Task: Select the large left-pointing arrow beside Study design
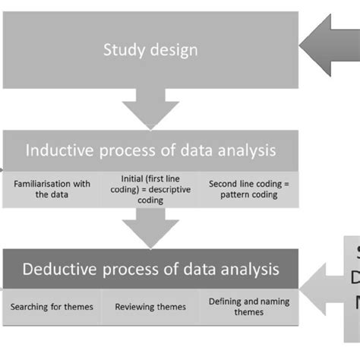327,47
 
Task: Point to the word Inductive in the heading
61,150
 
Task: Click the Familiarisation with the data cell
52,188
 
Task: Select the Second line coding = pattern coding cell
249,188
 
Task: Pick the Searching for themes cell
52,307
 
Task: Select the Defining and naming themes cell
249,307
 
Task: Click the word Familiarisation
43,182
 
